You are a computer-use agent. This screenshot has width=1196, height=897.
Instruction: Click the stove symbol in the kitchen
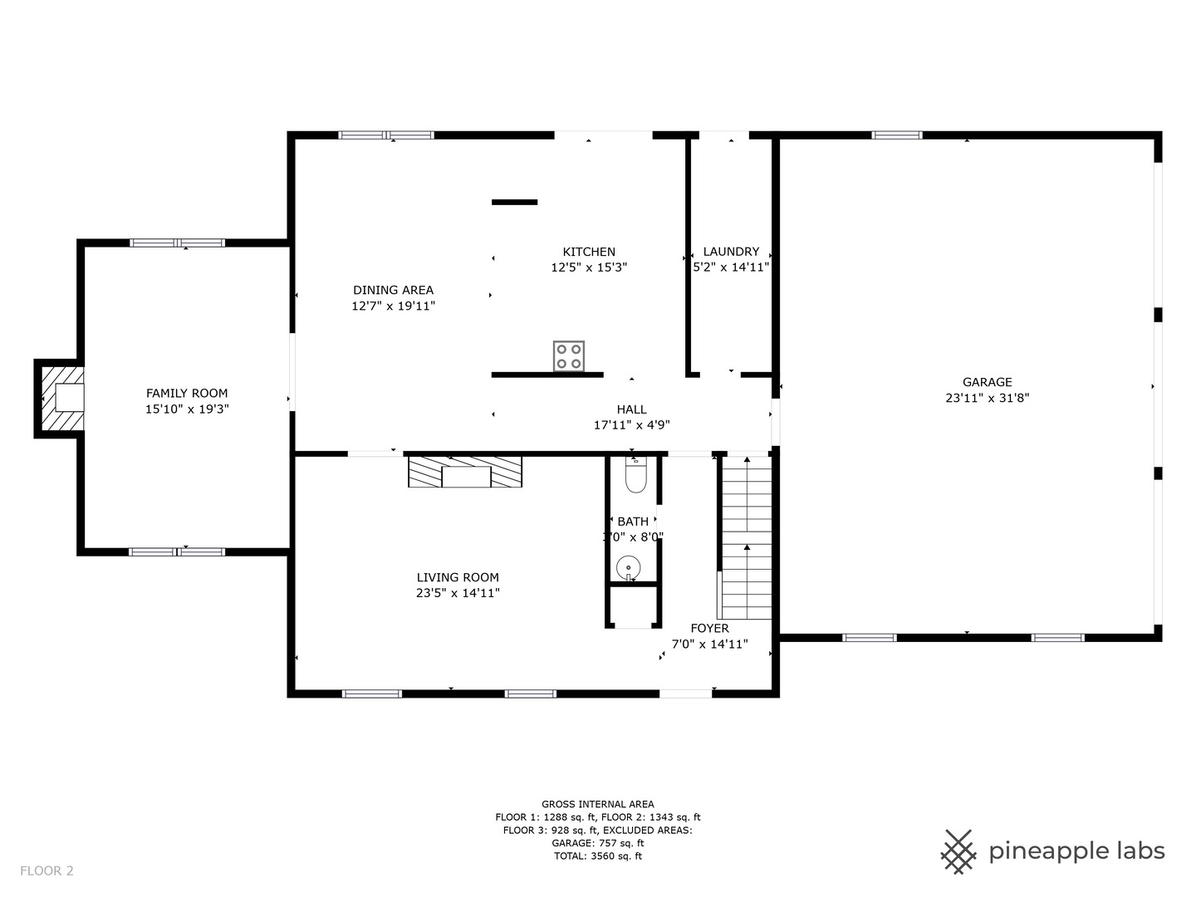[x=569, y=356]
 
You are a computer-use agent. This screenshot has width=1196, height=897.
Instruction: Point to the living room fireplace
[x=465, y=472]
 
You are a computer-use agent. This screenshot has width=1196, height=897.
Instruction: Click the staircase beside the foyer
[x=746, y=537]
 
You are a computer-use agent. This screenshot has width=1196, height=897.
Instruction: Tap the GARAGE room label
[x=987, y=382]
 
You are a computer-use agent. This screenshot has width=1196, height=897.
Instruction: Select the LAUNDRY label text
[x=731, y=252]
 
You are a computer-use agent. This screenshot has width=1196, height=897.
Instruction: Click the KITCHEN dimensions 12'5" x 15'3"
[x=589, y=267]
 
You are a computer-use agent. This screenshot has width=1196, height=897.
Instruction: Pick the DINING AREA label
[x=393, y=290]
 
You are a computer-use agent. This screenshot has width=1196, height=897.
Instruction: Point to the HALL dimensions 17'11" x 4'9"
[x=631, y=424]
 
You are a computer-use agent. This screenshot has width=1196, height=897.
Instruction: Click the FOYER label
[x=709, y=629]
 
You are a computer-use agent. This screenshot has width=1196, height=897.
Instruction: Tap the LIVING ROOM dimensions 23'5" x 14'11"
[x=458, y=593]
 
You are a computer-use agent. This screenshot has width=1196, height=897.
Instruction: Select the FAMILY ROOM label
[x=187, y=393]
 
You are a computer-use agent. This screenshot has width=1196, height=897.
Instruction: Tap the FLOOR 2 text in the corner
[x=47, y=870]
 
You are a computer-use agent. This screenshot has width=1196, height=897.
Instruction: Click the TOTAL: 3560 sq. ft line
[x=597, y=855]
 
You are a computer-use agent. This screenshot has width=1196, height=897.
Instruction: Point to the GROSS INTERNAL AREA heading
[x=597, y=804]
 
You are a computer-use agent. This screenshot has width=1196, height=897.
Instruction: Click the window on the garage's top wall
[x=896, y=135]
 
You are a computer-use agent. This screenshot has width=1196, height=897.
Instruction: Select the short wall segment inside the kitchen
[x=514, y=202]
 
